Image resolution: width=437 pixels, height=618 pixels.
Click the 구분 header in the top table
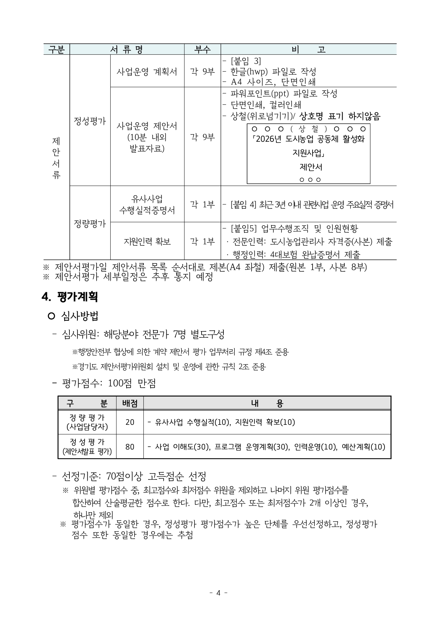[x=56, y=49]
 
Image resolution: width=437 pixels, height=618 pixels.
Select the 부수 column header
[x=202, y=49]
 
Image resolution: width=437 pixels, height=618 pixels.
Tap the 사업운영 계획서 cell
[x=147, y=72]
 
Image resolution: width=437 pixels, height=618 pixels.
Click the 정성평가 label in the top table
[x=90, y=121]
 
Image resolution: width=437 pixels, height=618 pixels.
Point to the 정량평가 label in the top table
[x=90, y=224]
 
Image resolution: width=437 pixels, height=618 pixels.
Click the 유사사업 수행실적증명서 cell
[x=147, y=205]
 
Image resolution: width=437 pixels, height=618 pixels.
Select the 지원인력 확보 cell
[x=147, y=241]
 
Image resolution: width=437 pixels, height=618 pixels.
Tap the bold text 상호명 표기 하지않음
[x=340, y=116]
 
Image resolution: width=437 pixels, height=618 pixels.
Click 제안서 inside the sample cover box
[x=308, y=167]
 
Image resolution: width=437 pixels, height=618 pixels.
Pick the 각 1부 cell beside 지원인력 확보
[x=202, y=241]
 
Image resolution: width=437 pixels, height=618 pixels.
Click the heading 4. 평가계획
[x=70, y=297]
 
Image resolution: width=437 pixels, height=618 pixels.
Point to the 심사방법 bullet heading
[x=80, y=316]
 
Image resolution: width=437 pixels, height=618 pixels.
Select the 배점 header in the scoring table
[x=130, y=403]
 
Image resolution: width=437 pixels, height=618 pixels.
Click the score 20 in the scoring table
[x=130, y=422]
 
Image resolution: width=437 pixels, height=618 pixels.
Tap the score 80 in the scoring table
[x=130, y=447]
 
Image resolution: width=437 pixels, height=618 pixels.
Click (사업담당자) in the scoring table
[x=87, y=427]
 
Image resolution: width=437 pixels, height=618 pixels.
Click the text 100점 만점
[x=132, y=383]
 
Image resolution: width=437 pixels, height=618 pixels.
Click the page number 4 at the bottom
[x=218, y=593]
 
